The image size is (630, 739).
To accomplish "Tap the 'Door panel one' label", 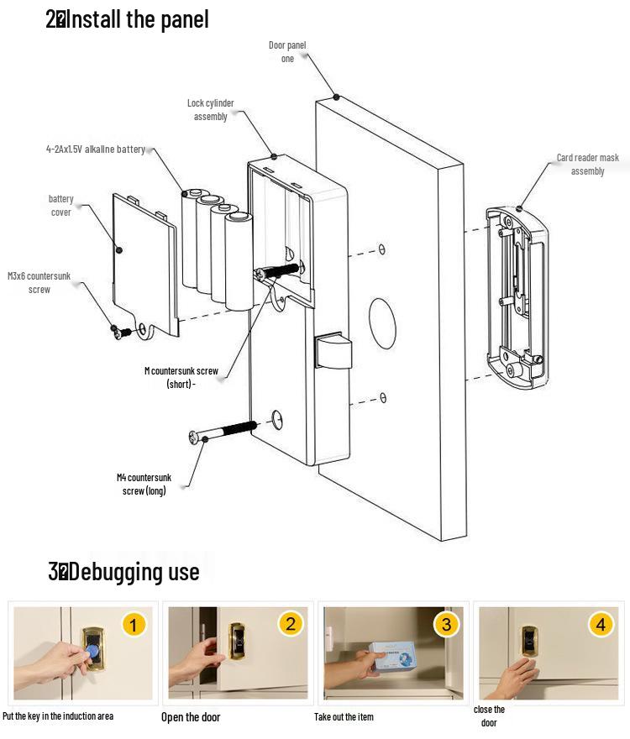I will (287, 51).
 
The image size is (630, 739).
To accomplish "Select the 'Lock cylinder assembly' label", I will (210, 110).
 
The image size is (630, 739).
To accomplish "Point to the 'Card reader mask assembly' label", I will (587, 165).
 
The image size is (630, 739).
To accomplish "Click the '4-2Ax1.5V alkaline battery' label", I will (96, 149).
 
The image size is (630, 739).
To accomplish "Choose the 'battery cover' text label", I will (60, 206).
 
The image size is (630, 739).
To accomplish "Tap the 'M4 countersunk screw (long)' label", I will (144, 484).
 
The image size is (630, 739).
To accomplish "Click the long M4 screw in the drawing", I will (223, 431).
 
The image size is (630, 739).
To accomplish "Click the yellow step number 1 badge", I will (134, 625).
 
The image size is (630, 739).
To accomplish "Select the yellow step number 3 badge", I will (446, 625).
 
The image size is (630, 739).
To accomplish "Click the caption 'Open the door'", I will (191, 717).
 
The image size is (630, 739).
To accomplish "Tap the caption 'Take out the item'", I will (344, 717).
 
